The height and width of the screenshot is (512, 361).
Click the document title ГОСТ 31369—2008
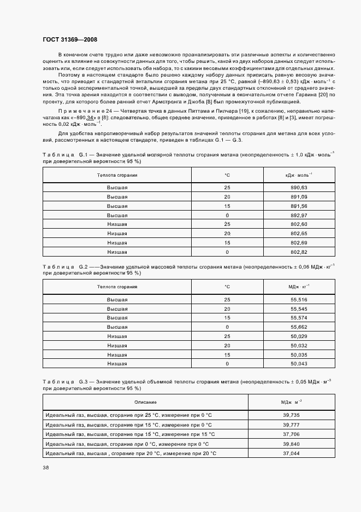click(x=69, y=39)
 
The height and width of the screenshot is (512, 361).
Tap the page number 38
click(x=46, y=467)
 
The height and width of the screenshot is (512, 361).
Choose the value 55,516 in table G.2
click(x=299, y=300)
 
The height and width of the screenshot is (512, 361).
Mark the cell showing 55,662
click(x=299, y=327)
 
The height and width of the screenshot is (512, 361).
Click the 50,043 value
click(x=299, y=363)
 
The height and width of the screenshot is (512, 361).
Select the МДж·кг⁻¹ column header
click(x=299, y=287)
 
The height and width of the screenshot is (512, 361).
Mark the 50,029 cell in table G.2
click(x=299, y=336)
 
